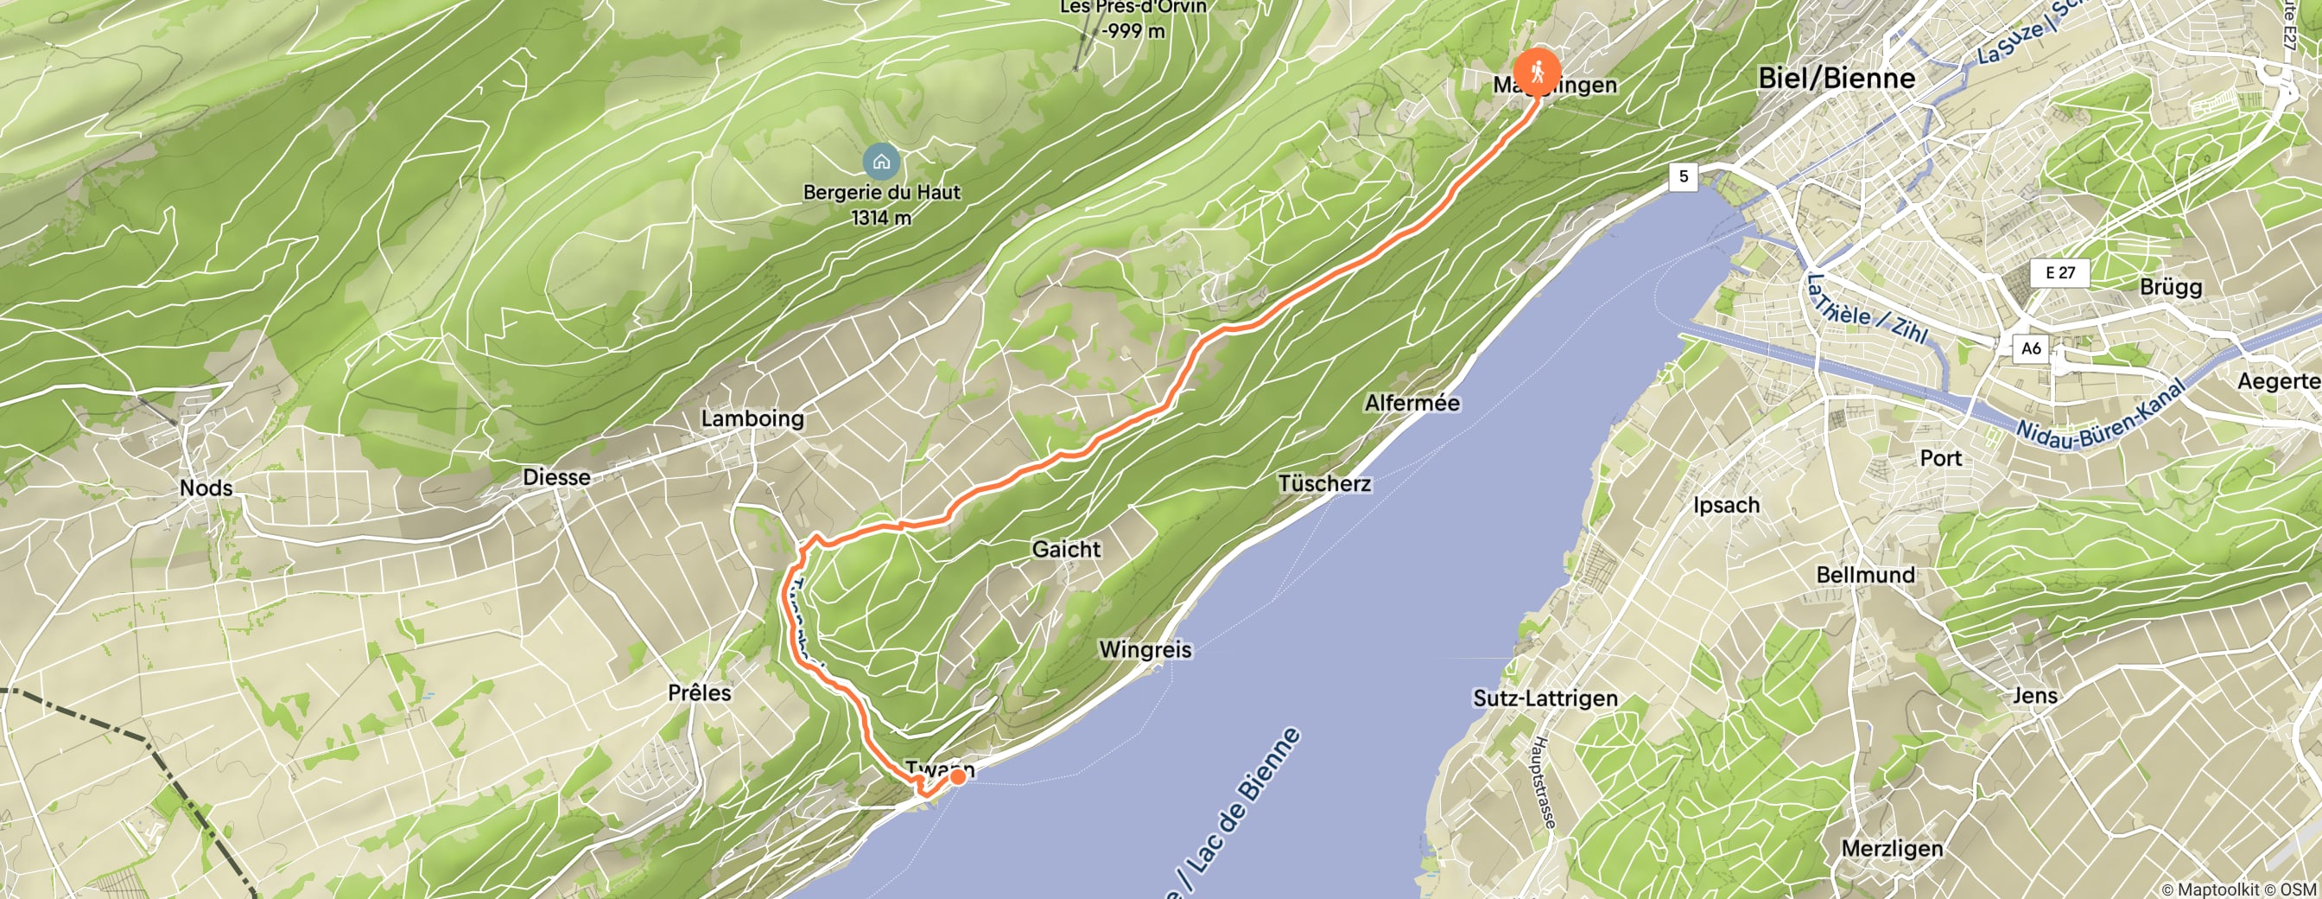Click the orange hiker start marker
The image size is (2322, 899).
tap(1537, 69)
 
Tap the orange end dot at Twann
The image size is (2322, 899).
tap(957, 775)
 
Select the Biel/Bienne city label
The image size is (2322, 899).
tap(1837, 79)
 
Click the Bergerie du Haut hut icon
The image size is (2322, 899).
tap(880, 163)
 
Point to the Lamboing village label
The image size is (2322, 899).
tap(752, 418)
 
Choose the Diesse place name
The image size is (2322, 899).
tap(556, 477)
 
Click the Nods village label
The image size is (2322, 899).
tap(206, 488)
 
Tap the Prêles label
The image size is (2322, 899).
tap(700, 692)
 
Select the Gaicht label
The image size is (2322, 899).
tap(1066, 549)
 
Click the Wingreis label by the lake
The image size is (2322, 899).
tap(1145, 649)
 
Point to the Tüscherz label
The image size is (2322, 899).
tap(1324, 484)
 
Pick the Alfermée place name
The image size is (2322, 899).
tap(1412, 403)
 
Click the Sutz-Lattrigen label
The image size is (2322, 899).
tap(1545, 698)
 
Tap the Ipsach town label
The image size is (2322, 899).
tap(1726, 505)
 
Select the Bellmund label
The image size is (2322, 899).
tap(1865, 574)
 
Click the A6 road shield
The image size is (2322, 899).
tap(2030, 348)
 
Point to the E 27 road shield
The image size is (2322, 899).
tap(2059, 272)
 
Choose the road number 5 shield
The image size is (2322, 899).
tap(1683, 175)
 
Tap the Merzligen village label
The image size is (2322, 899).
tap(1892, 849)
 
